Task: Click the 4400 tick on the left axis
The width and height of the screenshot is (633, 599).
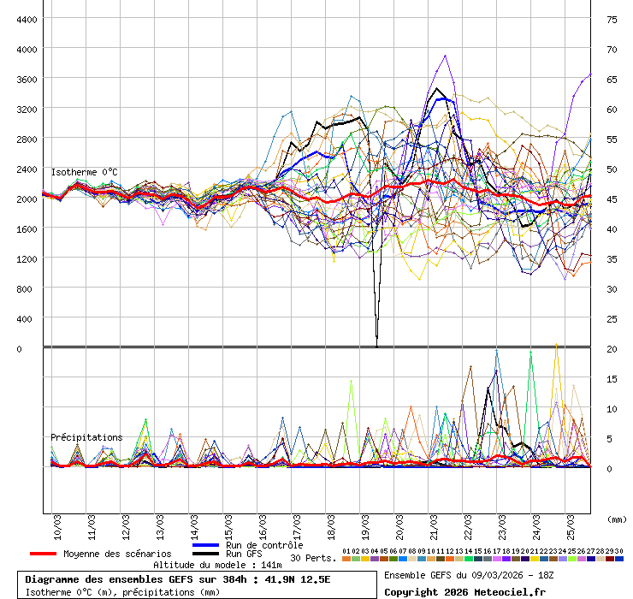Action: click(x=26, y=19)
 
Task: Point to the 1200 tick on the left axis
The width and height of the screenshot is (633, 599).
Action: click(x=26, y=258)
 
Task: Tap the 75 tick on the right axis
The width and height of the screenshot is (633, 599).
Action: click(x=612, y=19)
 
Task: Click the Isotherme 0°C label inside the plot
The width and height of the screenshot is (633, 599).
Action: click(x=84, y=172)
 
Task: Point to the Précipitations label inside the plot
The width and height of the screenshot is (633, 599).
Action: click(x=86, y=437)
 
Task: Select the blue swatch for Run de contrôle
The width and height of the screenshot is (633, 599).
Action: click(x=206, y=545)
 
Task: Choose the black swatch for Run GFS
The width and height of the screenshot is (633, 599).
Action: click(x=206, y=554)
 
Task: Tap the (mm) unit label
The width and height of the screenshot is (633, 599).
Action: click(x=615, y=519)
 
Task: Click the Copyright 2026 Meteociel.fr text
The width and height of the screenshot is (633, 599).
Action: click(x=464, y=591)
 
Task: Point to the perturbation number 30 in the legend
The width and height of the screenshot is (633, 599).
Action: click(x=618, y=551)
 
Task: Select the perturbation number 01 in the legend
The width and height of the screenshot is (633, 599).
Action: click(x=346, y=551)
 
